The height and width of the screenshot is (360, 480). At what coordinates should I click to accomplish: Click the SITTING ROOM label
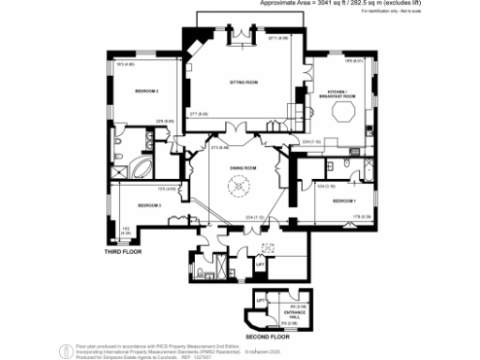(x=244, y=83)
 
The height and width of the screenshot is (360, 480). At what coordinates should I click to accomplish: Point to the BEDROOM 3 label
(x=150, y=204)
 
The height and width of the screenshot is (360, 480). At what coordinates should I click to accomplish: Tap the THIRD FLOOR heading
(x=124, y=253)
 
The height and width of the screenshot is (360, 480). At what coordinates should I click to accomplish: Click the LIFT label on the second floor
(x=262, y=297)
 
